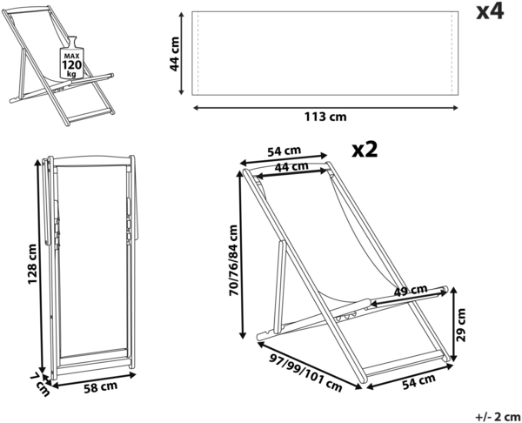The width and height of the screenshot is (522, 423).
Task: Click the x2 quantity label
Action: pyautogui.click(x=365, y=149)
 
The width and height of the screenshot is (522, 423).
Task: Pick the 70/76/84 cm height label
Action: pyautogui.click(x=233, y=260)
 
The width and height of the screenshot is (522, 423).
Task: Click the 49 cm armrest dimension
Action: pyautogui.click(x=409, y=290)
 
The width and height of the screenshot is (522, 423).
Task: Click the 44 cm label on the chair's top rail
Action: pyautogui.click(x=290, y=167)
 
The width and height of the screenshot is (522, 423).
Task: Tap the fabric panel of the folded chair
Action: pyautogui.click(x=90, y=261)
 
